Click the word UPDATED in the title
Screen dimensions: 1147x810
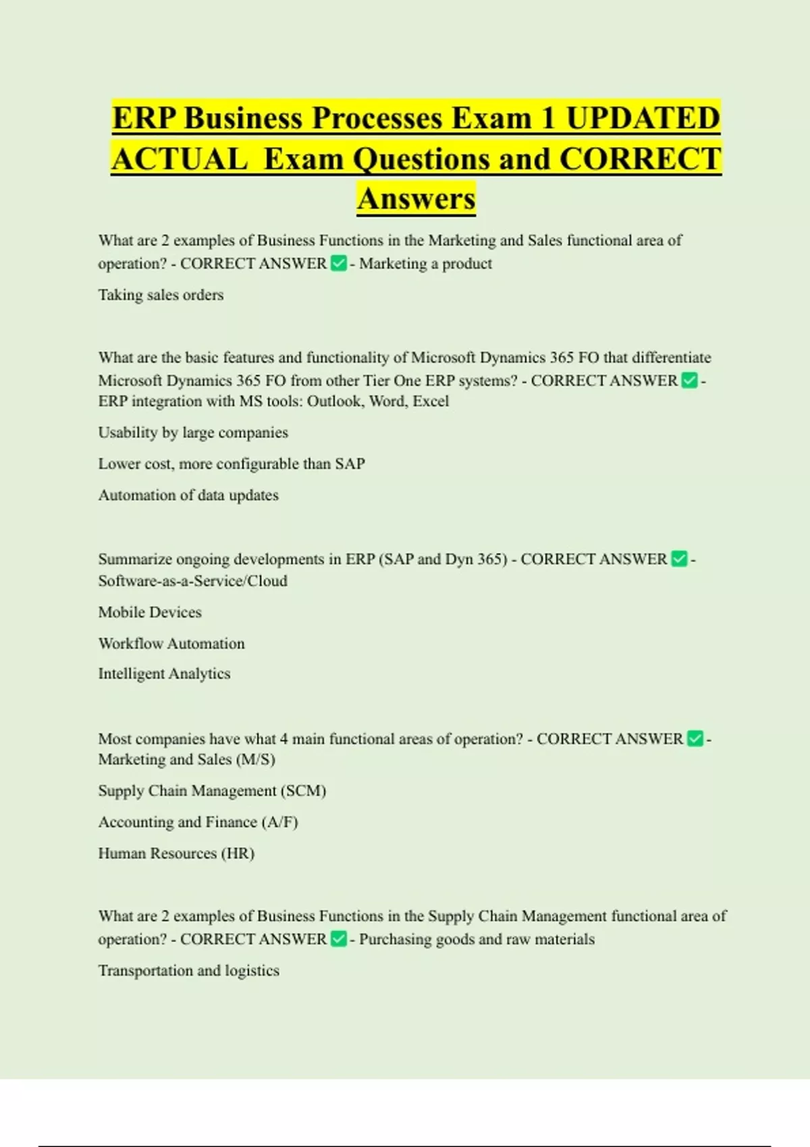tap(643, 119)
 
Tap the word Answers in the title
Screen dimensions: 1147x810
tap(416, 199)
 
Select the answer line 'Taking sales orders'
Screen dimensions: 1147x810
tap(161, 295)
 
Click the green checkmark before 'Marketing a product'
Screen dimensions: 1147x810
tap(339, 263)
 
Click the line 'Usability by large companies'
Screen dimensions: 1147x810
tap(193, 432)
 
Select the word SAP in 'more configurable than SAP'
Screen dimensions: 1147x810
tap(350, 464)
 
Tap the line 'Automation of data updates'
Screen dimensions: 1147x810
tap(188, 495)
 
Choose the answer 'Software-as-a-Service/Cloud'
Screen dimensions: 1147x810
tap(192, 581)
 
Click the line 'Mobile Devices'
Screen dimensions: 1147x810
tap(150, 613)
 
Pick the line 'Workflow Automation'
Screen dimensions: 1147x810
tap(171, 644)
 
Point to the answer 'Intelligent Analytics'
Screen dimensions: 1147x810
tap(164, 674)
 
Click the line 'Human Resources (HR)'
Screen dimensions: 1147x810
tap(176, 854)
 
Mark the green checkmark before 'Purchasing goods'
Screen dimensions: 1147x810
tap(339, 939)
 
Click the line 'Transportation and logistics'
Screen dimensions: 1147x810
tap(188, 971)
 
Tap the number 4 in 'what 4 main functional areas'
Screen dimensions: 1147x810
tap(283, 739)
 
